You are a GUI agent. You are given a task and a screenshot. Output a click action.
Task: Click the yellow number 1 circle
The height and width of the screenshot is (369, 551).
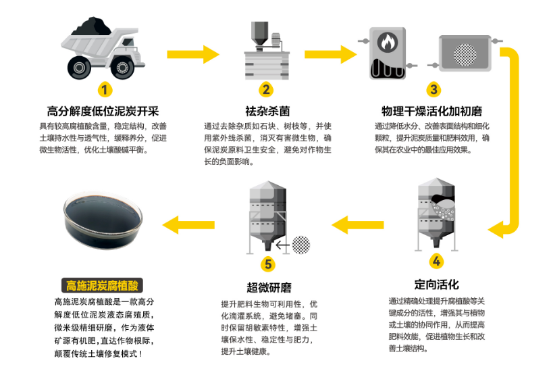tap(105, 89)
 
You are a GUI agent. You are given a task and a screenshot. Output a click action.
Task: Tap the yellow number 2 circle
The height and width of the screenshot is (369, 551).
tap(267, 89)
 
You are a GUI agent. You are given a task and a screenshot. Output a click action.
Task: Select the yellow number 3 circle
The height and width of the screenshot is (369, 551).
tap(434, 89)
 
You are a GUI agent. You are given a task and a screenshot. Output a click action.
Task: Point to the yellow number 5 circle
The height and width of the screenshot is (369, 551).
tap(269, 263)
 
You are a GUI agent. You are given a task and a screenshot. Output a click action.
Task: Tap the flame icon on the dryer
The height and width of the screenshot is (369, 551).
tap(388, 42)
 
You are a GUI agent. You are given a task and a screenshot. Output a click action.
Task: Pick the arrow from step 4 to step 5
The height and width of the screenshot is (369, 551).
tap(356, 223)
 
